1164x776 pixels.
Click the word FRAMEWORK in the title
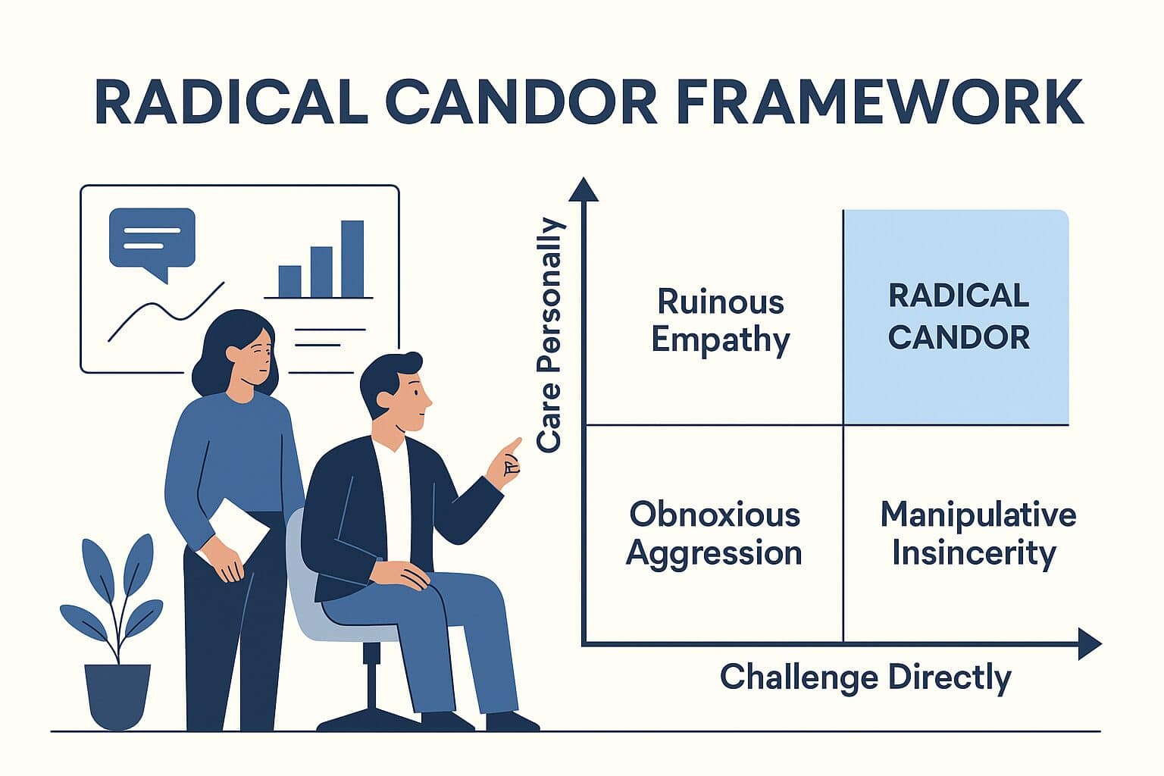click(879, 102)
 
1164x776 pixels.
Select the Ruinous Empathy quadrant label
click(720, 320)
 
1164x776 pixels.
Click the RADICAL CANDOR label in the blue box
click(959, 317)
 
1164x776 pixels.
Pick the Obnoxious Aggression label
click(714, 533)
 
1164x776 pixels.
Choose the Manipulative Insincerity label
click(978, 533)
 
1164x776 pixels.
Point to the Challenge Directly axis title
click(865, 677)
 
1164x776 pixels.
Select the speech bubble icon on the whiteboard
click(152, 241)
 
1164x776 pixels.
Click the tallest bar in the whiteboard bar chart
click(352, 258)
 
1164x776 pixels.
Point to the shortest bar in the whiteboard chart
click(289, 281)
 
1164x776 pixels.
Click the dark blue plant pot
click(117, 696)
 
